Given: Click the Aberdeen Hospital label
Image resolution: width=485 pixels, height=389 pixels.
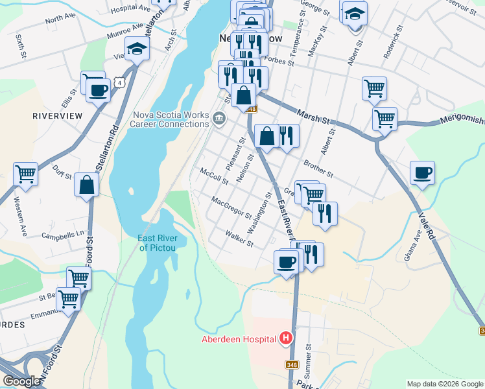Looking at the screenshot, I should (x=238, y=339).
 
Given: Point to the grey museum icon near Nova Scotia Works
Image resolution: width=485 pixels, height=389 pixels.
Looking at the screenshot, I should (x=219, y=118).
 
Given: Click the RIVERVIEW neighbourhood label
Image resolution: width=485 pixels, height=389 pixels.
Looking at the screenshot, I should (x=58, y=115).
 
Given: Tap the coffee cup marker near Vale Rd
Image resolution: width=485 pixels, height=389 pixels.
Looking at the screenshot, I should (x=422, y=172).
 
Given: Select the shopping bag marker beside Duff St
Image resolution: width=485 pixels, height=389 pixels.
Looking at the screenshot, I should (x=87, y=185).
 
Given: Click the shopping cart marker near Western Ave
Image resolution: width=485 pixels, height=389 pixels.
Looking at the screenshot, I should (x=25, y=174).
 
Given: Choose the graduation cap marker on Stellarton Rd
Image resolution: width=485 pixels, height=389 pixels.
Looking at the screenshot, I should (x=137, y=49).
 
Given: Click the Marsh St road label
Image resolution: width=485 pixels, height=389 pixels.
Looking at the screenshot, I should (x=314, y=117).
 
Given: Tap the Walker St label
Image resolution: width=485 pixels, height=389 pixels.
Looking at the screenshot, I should (x=239, y=239).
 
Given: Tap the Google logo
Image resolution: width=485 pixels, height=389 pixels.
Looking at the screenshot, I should (x=21, y=381).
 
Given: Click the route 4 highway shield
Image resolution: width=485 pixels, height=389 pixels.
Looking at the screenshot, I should (x=118, y=82).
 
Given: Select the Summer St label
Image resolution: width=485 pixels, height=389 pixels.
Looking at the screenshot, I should (x=309, y=361).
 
